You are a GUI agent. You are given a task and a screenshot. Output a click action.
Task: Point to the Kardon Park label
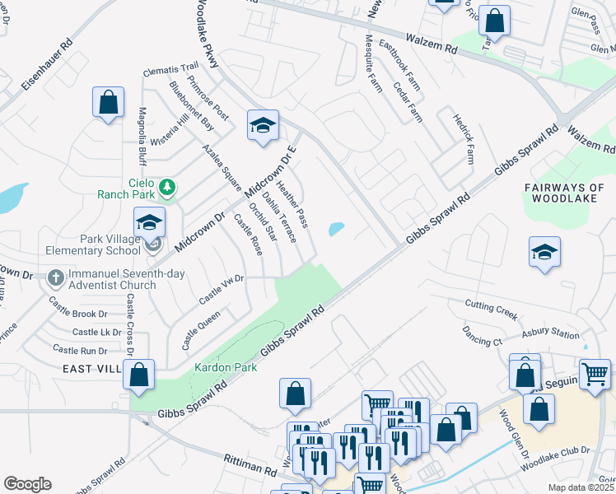coord(226,367)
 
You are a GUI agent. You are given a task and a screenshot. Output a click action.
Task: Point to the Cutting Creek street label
coord(490,308)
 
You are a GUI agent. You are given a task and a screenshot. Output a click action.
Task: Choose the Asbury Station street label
coord(551,334)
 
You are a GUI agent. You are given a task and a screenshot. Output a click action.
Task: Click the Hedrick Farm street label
coord(464,139)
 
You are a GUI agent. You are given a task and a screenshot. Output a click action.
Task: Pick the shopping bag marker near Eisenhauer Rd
coord(108,102)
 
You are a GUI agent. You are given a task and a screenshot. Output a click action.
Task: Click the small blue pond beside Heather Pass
coord(336,229)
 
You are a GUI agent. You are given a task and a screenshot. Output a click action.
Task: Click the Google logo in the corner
coord(27,484)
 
